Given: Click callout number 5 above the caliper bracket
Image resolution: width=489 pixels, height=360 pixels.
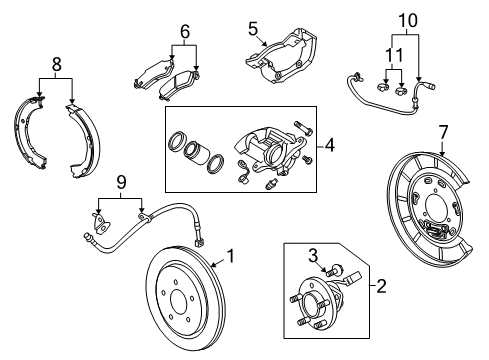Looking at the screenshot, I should tap(252, 28).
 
